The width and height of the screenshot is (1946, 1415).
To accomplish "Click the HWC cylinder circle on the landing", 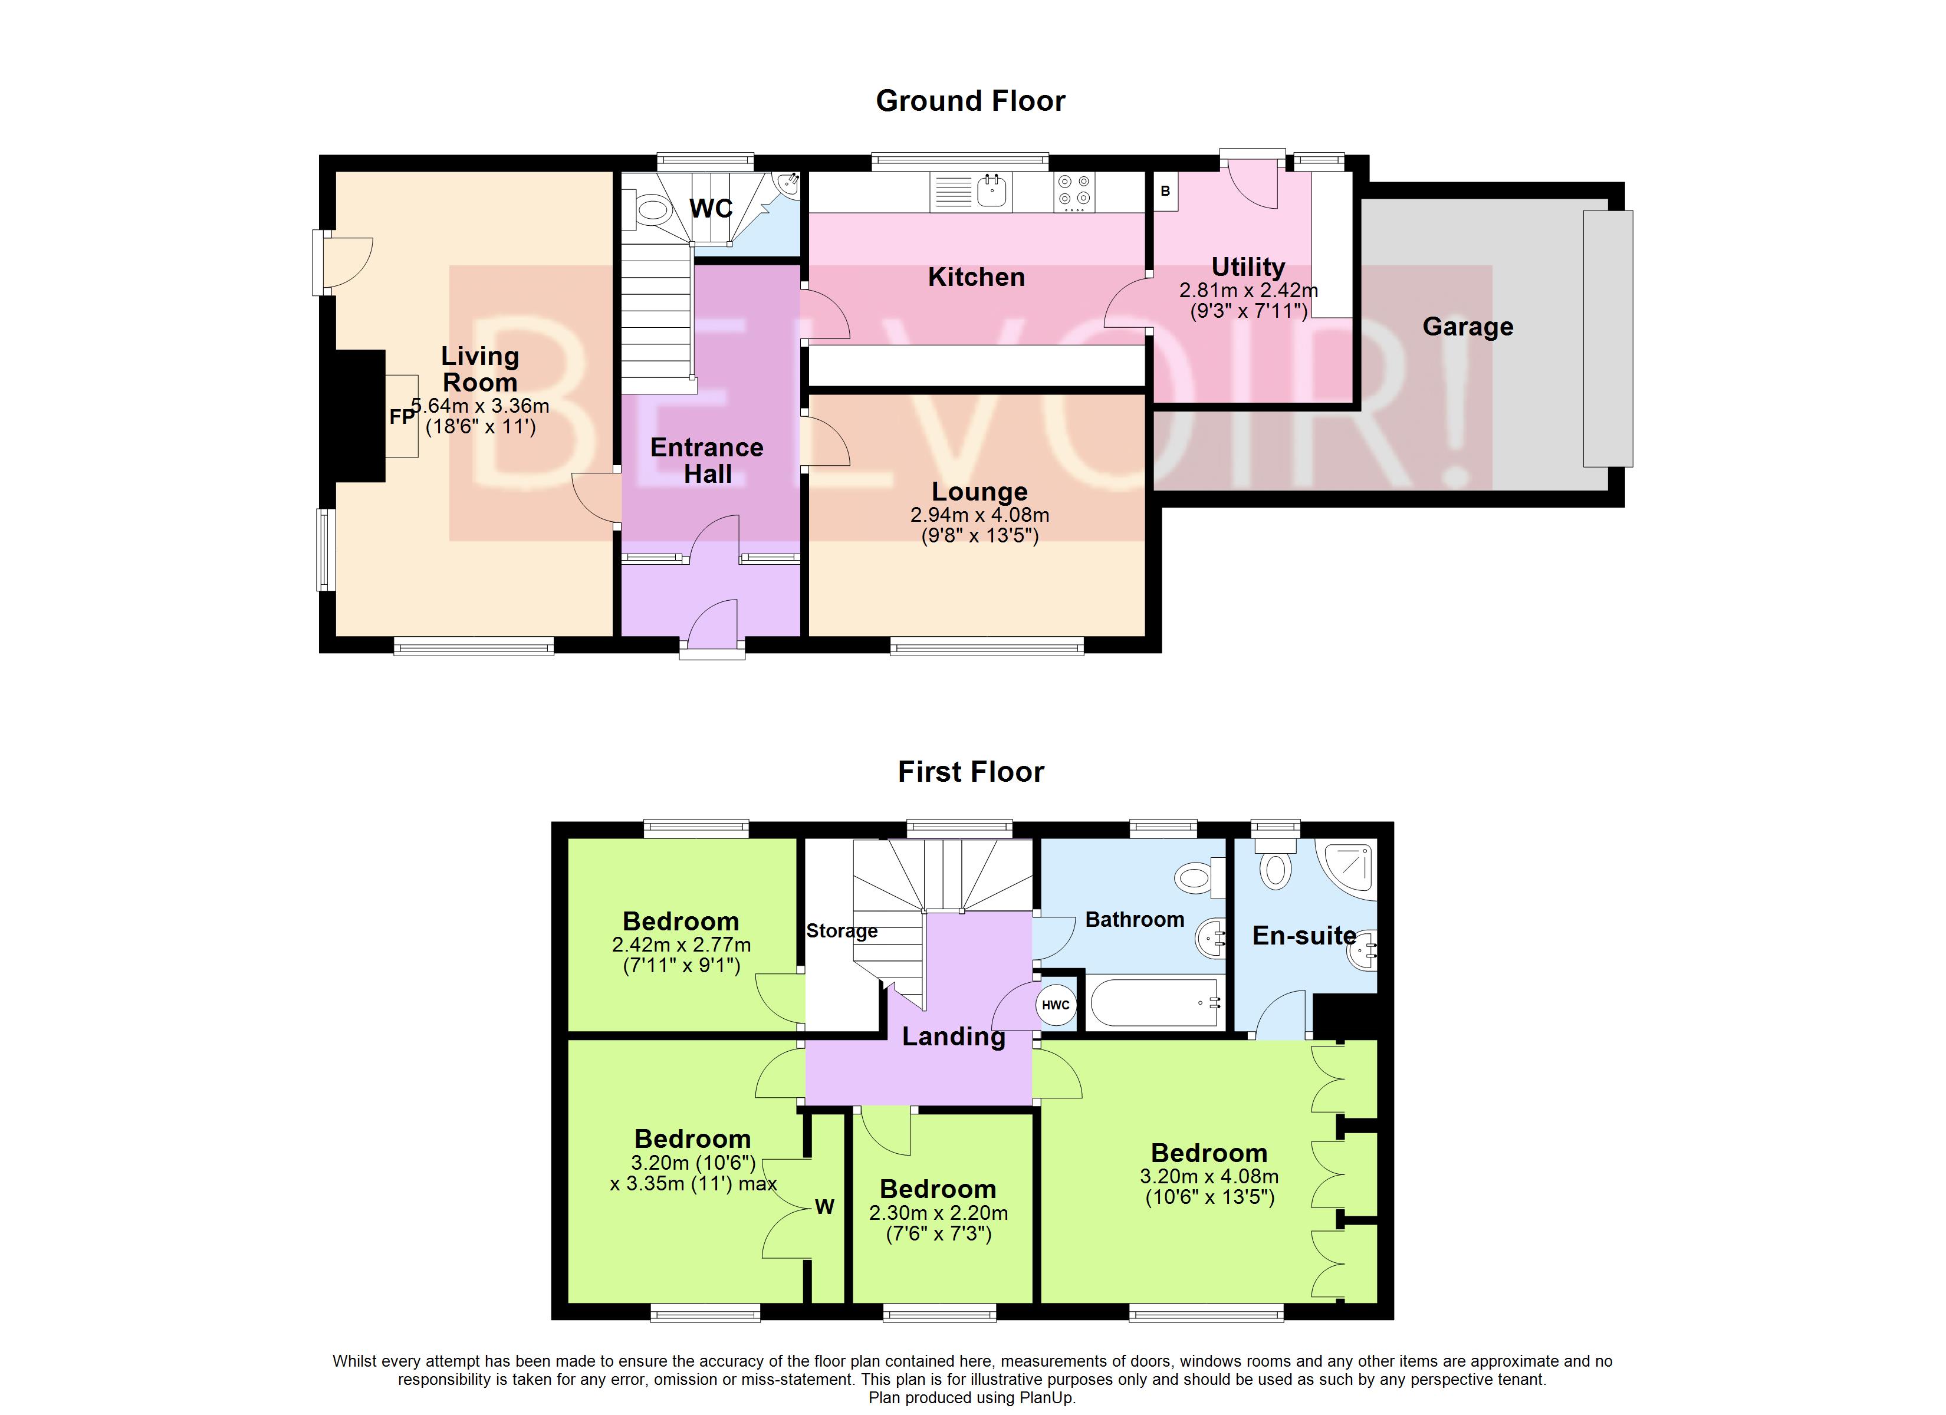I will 1056,1005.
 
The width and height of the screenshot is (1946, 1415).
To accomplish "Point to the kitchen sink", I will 994,190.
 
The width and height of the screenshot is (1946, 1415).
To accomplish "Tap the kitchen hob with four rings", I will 1074,192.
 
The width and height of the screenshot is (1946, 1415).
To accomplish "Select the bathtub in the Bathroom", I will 1153,1002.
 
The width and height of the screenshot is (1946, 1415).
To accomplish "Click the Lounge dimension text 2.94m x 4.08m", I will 979,515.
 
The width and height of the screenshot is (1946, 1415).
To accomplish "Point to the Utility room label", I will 1248,267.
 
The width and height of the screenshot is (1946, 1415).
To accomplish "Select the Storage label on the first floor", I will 841,931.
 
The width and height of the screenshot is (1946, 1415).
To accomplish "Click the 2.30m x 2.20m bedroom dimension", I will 938,1213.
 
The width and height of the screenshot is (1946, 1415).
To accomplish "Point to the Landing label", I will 954,1036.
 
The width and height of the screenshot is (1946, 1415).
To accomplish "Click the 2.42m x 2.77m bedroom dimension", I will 681,945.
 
